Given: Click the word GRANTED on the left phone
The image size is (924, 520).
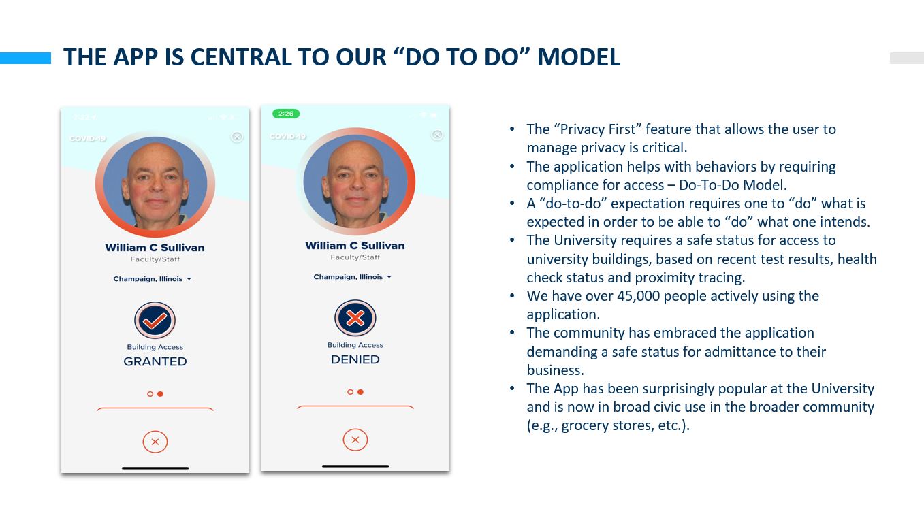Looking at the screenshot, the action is point(155,361).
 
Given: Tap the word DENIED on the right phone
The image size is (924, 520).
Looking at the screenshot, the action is point(355,359).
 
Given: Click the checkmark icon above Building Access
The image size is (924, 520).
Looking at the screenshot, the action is point(155,321).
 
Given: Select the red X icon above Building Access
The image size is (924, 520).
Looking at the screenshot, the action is point(355,318).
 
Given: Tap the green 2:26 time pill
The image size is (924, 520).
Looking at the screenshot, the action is point(286,114).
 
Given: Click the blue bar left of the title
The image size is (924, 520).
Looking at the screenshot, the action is point(26,58).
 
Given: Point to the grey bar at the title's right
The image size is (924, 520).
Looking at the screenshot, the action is point(907,58).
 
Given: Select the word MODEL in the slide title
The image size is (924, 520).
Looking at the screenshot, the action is point(579,57).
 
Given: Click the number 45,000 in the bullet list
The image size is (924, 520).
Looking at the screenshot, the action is point(639,296).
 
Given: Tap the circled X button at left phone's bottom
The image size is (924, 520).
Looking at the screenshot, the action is point(155,442).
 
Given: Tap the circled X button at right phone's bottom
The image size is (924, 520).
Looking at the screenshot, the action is point(355,440).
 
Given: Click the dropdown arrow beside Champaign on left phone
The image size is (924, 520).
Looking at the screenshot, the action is point(189,279).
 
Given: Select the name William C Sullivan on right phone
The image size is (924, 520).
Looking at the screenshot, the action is point(355,246).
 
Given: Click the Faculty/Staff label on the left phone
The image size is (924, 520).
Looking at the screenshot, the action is point(155,259).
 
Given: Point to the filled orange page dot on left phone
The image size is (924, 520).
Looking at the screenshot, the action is point(161,394).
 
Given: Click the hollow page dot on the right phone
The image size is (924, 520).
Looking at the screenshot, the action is point(350,392).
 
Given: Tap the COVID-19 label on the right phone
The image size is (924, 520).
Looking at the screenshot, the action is point(288,137).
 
